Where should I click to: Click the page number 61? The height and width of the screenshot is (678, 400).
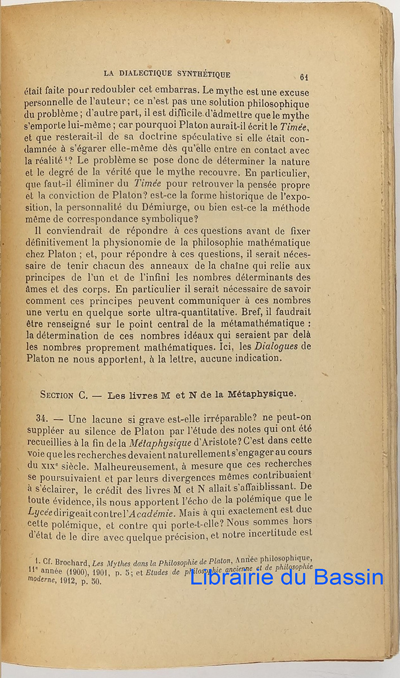(x=304, y=77)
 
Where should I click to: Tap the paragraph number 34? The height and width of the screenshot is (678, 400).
(x=43, y=419)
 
